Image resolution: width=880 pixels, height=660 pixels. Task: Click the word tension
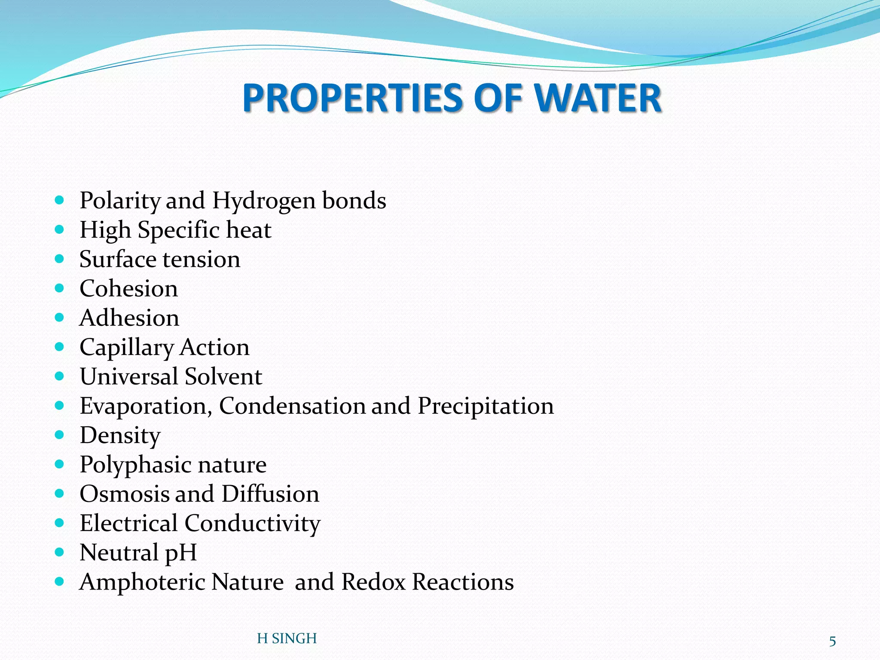tap(201, 260)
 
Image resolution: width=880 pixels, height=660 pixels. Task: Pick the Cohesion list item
tap(128, 289)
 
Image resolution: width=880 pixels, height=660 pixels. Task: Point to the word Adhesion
tap(129, 318)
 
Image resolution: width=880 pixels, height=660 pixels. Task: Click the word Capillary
tap(126, 348)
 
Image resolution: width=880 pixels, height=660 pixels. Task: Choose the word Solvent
tap(223, 377)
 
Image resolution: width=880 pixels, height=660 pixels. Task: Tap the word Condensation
tap(292, 406)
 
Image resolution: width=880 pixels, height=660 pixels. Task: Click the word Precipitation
tap(486, 406)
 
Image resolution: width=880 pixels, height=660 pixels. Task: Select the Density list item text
tap(120, 436)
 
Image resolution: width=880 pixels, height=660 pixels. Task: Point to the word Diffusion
tap(270, 494)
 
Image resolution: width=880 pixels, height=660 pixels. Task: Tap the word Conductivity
tap(252, 523)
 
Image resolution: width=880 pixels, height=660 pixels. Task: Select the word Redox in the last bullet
tap(373, 582)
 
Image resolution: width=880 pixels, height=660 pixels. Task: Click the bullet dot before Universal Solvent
tap(60, 376)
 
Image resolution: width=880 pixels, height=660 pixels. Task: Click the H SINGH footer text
tap(287, 639)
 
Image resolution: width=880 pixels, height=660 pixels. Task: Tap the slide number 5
tap(832, 642)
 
